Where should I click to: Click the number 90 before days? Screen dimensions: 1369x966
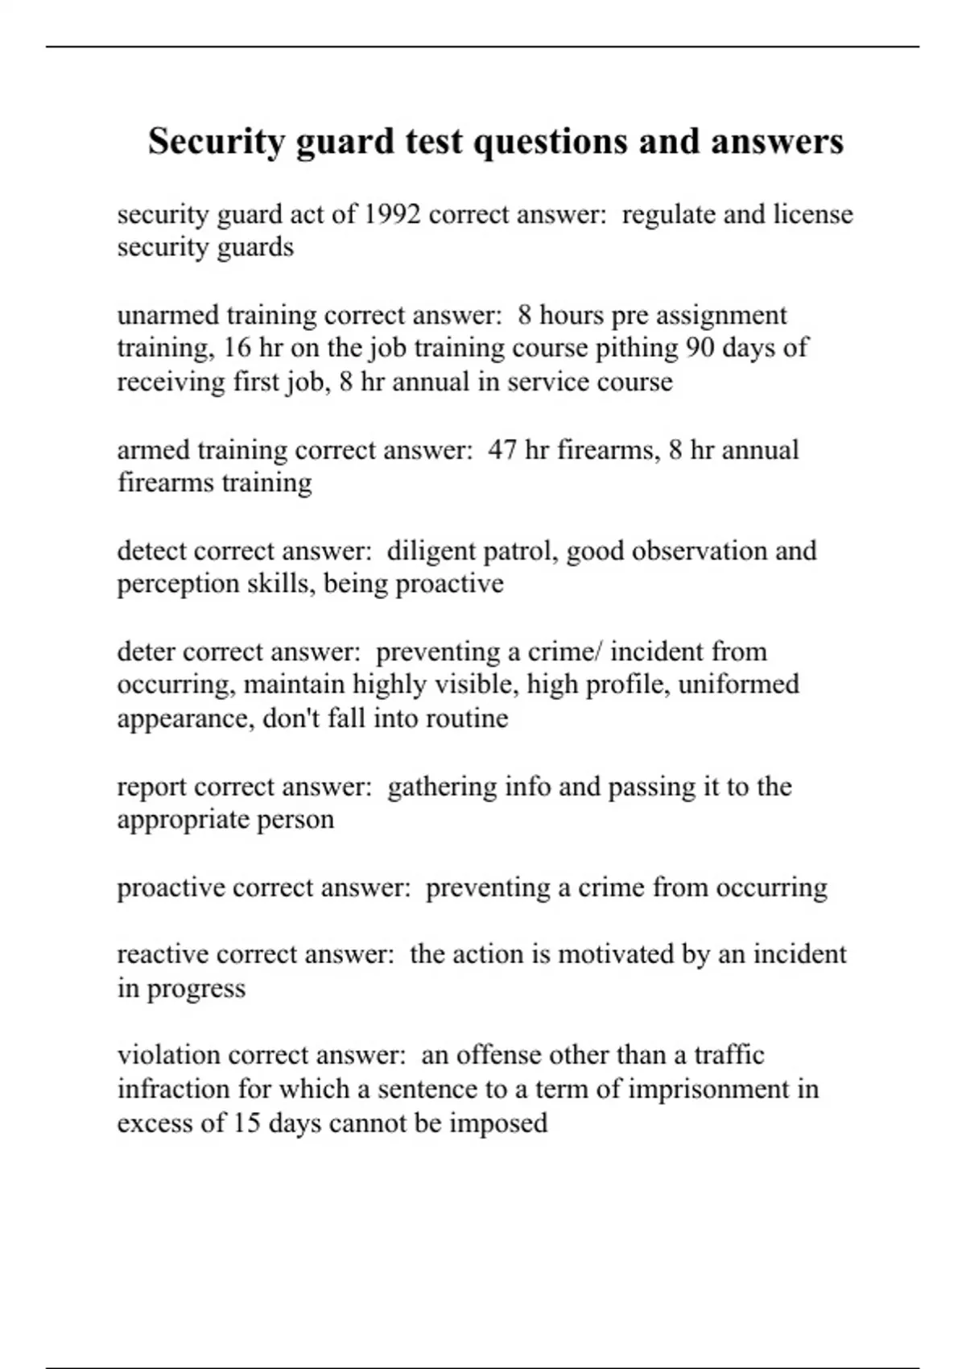point(702,348)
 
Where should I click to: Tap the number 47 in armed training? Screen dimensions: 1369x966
point(502,449)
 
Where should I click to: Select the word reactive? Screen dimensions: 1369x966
point(163,954)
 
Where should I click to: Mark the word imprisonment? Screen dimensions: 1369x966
point(709,1089)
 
